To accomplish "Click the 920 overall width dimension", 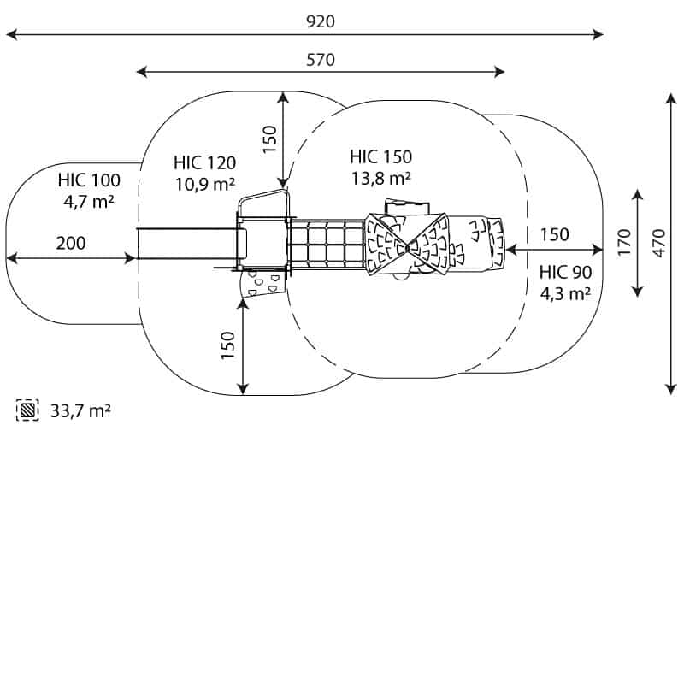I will coord(321,22).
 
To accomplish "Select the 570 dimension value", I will coord(321,60).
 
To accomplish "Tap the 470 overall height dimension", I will coord(657,244).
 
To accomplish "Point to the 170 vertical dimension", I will coord(623,244).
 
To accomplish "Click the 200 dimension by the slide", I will coord(71,244).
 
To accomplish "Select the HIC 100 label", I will coord(89,180).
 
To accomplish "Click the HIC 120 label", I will coord(204,162).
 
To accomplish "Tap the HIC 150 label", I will coord(380,157).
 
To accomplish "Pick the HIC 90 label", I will coord(565,273).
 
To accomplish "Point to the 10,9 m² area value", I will coord(204,184).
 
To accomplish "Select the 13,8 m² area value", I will coord(380,179).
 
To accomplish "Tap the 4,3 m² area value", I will coord(565,294).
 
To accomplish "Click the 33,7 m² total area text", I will coord(80,411).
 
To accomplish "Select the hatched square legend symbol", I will coord(29,411).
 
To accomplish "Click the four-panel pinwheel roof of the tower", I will coord(407,245).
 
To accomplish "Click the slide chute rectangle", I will coord(186,245).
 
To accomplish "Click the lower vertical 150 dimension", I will coord(228,345).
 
